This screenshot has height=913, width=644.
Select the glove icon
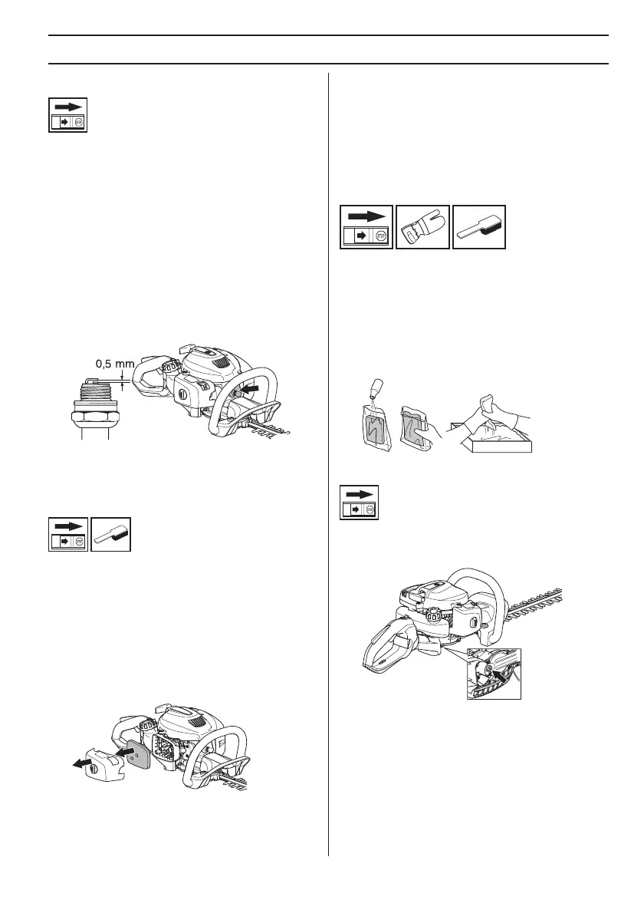pos(422,227)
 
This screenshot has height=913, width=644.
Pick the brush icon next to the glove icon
pos(479,227)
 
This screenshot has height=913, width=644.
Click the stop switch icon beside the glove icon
pos(366,227)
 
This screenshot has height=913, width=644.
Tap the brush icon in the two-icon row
pos(111,533)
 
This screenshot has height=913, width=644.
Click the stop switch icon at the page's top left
pos(67,115)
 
